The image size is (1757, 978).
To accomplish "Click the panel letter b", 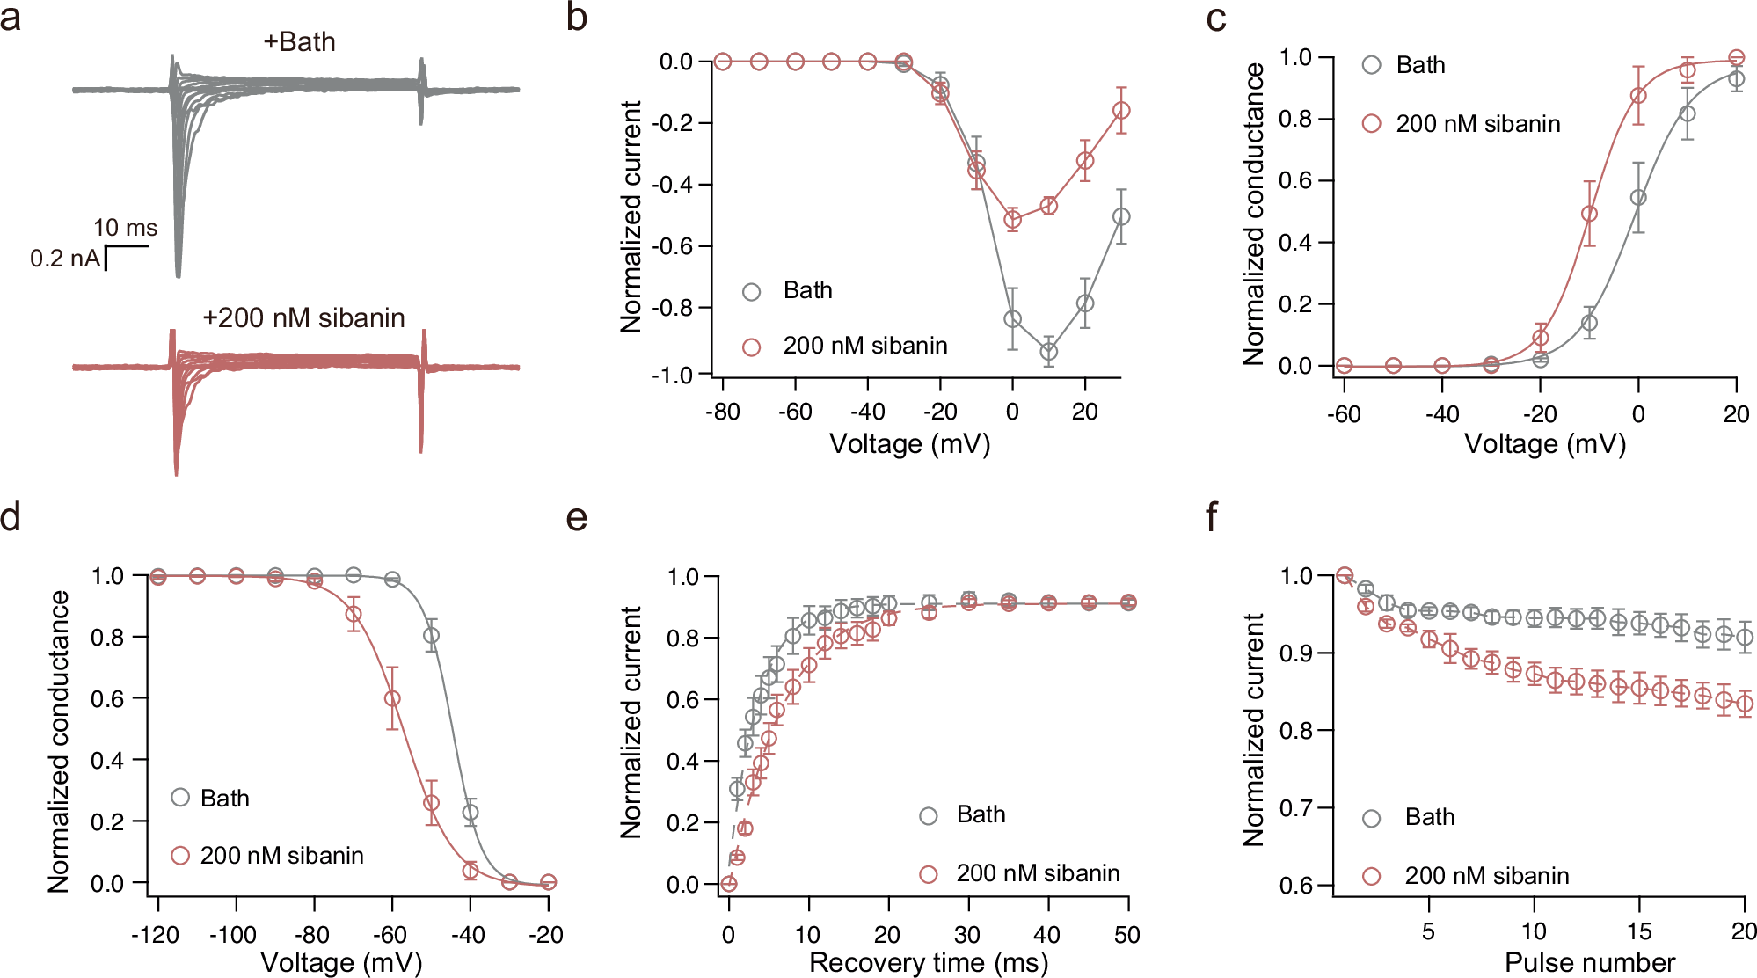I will [576, 18].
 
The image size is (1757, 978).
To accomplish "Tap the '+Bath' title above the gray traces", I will [299, 41].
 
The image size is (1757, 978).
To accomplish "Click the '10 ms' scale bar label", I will [125, 228].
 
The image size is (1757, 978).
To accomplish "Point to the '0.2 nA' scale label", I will [65, 259].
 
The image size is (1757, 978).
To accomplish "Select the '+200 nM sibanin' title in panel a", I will [303, 317].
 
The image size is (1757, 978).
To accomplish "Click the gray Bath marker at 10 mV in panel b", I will [1048, 352].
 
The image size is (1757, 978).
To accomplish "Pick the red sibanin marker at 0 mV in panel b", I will [1013, 220].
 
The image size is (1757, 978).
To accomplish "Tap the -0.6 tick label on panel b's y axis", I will [672, 246].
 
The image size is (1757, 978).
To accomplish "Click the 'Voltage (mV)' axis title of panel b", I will [910, 443].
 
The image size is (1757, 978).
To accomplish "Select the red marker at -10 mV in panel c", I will [1589, 214].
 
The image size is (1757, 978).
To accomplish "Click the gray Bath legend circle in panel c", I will [1371, 64].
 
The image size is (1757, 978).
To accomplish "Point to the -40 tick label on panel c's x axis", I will [1442, 413].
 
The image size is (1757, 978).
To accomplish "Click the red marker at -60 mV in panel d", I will [392, 698].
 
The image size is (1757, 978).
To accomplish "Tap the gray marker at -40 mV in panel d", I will [470, 813].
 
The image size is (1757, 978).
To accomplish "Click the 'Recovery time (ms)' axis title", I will [928, 962].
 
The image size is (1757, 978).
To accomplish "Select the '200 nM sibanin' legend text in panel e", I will [1038, 873].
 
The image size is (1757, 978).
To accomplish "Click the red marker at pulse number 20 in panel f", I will [1745, 703].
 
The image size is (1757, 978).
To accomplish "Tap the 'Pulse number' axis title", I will [1589, 962].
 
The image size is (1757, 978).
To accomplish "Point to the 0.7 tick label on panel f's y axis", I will [1294, 808].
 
